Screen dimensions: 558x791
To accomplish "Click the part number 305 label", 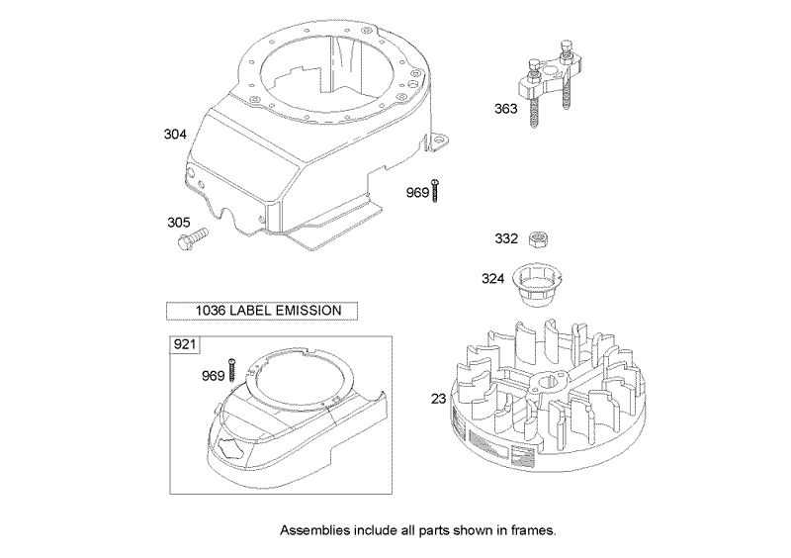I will tap(178, 223).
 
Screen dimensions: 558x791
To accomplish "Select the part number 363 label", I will tap(505, 110).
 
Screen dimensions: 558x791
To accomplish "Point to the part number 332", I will tap(506, 238).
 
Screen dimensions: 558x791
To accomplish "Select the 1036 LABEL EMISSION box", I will tap(262, 310).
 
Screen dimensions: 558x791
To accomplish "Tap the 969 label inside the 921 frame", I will tap(213, 375).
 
